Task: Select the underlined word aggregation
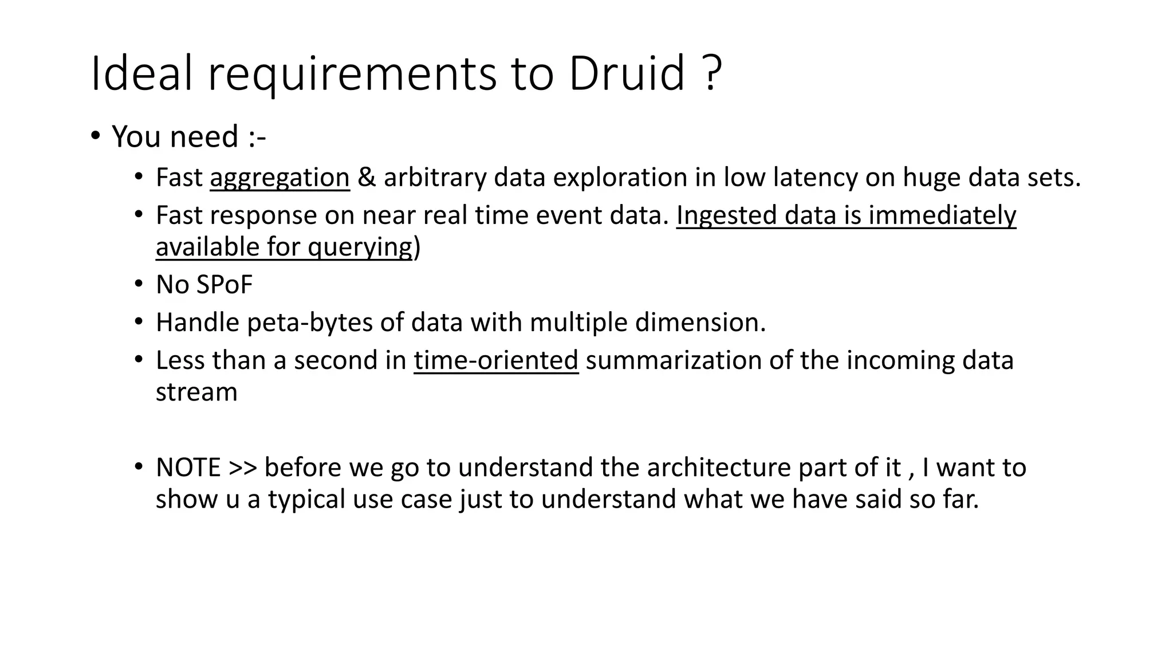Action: (280, 178)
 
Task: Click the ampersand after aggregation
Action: (367, 178)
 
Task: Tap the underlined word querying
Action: (360, 247)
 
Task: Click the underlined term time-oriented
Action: (496, 360)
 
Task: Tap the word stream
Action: (196, 392)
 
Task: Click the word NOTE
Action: (188, 467)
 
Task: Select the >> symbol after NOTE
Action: (242, 467)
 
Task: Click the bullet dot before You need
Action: (95, 136)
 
